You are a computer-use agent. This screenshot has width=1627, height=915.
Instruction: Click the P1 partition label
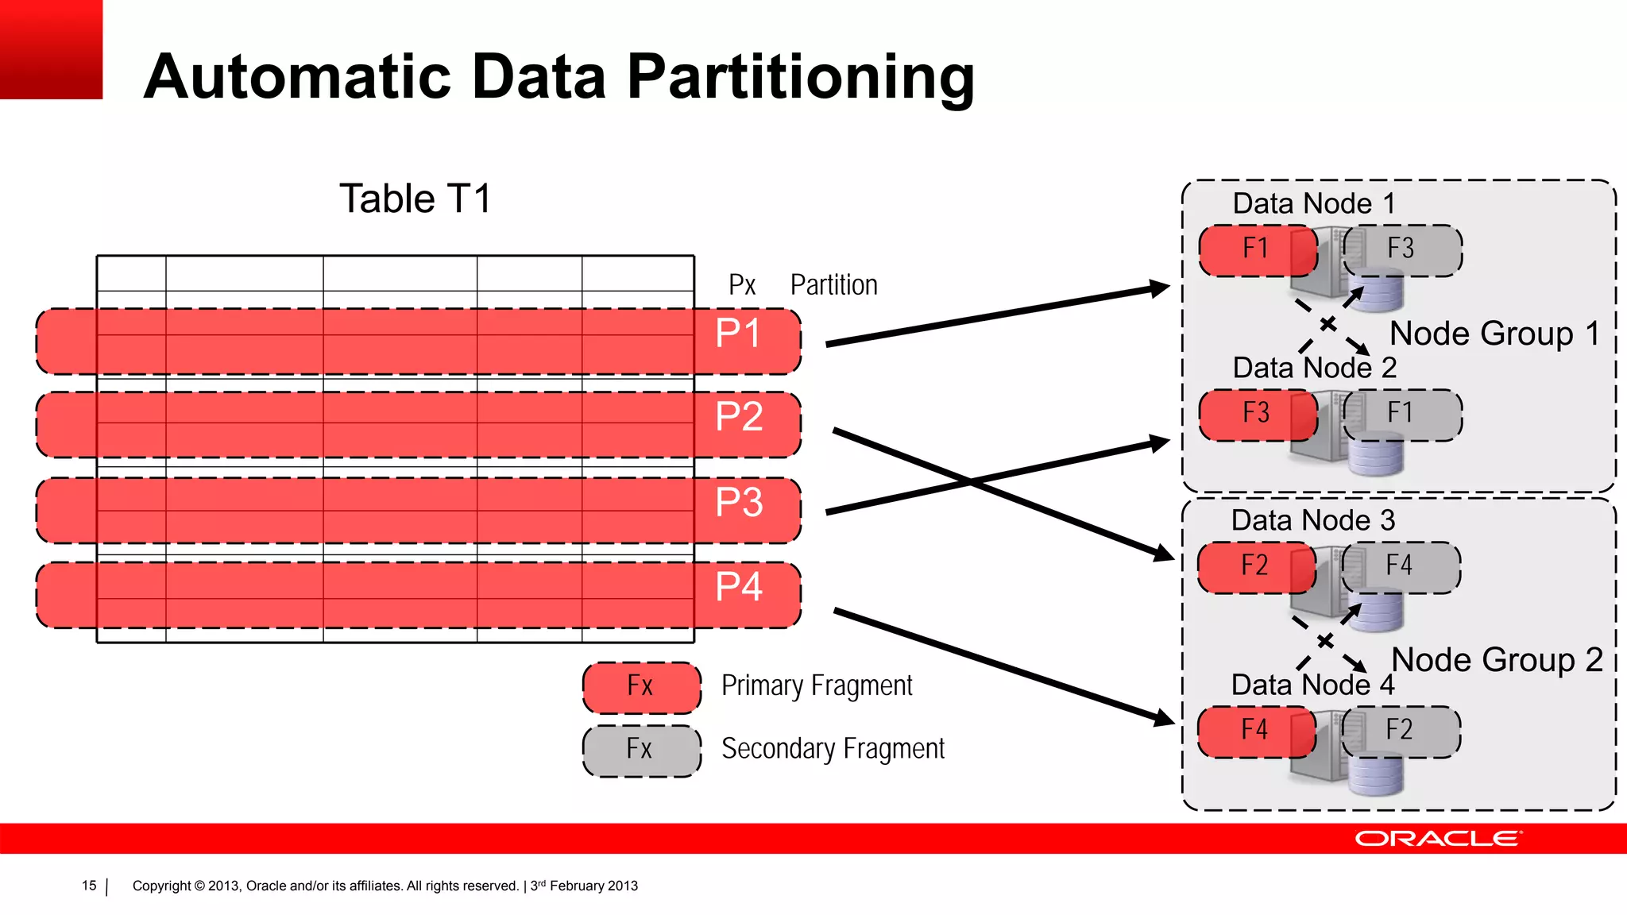pos(738,334)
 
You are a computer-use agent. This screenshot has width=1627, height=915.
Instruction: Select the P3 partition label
pos(739,503)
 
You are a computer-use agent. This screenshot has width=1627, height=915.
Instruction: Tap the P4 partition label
pos(739,588)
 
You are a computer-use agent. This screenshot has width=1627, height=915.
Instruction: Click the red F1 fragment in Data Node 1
pos(1256,249)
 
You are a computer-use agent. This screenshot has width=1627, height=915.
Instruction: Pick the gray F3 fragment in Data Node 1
pos(1402,249)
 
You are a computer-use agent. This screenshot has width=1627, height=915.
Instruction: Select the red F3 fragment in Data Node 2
pos(1256,414)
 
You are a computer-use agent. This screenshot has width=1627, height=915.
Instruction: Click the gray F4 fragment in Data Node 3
pos(1401,566)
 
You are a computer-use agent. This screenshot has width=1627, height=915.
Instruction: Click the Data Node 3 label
pos(1312,521)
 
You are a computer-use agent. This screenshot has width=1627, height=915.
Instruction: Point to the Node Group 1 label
pos(1494,334)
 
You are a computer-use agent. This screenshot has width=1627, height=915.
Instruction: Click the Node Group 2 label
pos(1497,660)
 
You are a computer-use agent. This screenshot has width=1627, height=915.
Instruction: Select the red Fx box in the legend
pos(641,687)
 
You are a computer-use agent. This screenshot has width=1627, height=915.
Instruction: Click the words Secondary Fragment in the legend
pos(833,749)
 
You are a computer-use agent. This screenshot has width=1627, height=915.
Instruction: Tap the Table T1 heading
pos(415,199)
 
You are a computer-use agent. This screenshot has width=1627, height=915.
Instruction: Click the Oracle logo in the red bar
pos(1437,839)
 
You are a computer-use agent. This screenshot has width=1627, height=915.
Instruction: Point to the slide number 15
pos(89,886)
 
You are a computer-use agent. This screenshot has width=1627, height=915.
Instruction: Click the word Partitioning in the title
pos(800,78)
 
